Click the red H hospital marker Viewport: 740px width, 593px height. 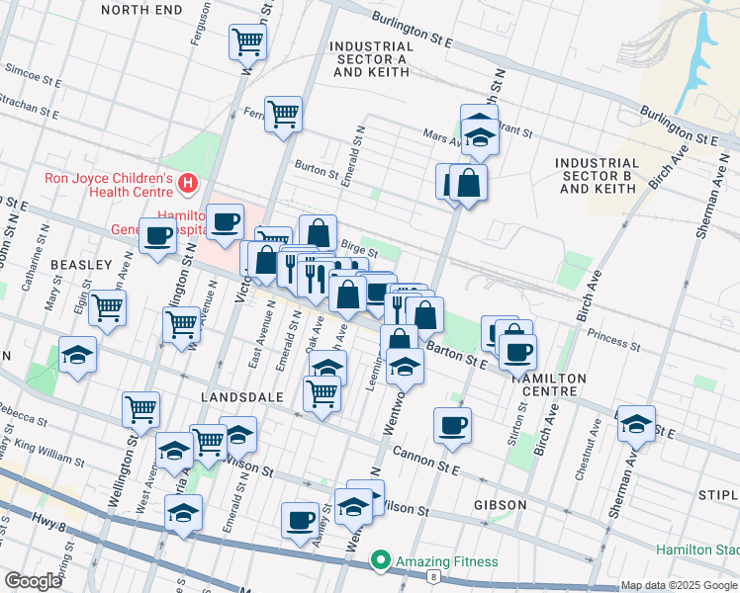tap(187, 183)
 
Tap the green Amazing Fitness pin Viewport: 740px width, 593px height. tap(380, 561)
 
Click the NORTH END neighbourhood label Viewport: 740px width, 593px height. tap(141, 10)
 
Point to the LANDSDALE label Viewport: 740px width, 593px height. tap(242, 396)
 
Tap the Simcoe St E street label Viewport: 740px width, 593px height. tap(34, 71)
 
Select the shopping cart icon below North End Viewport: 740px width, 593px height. tap(247, 42)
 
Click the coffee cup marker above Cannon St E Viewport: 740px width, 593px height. tap(453, 425)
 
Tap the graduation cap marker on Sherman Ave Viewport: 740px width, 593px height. tap(636, 422)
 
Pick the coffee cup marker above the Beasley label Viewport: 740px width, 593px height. tap(157, 236)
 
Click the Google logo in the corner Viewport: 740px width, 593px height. tap(33, 581)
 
